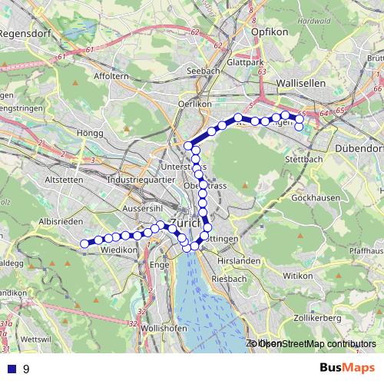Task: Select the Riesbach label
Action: pos(230,278)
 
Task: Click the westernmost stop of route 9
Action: pos(84,244)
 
